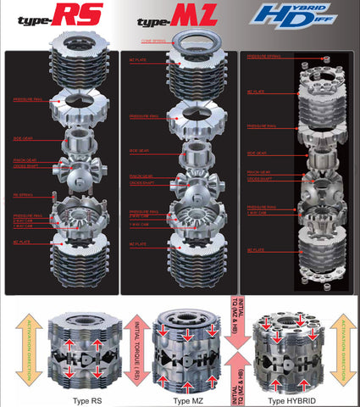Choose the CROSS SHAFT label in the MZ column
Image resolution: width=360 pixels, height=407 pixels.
tap(141, 181)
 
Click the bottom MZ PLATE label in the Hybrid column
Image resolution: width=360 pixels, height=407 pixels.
tap(255, 251)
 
